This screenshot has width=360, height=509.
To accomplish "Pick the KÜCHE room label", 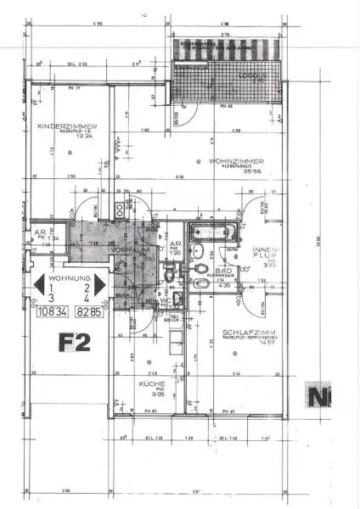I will [x=153, y=384].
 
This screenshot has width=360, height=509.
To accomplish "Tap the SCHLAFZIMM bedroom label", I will [x=245, y=332].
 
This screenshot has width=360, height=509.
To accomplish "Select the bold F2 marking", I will [x=75, y=343].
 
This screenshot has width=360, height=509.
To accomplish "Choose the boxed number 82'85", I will [x=88, y=312].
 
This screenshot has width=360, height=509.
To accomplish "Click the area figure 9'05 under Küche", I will [x=155, y=394].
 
